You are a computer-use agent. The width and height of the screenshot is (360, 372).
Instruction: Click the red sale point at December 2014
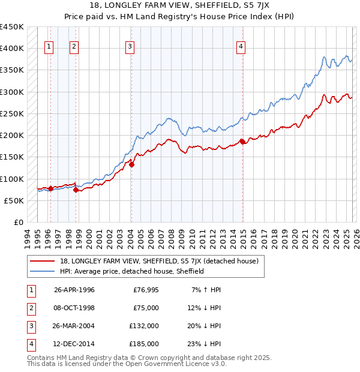pyautogui.click(x=242, y=142)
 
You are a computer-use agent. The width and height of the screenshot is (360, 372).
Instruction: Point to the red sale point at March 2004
pyautogui.click(x=131, y=165)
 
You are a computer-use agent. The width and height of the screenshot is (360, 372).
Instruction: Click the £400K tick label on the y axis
pyautogui.click(x=12, y=49)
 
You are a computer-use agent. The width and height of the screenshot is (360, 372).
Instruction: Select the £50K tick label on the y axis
pyautogui.click(x=14, y=201)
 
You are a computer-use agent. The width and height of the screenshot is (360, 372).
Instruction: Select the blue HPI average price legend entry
pyautogui.click(x=132, y=271)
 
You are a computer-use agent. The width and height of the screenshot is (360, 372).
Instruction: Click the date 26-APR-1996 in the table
pyautogui.click(x=74, y=290)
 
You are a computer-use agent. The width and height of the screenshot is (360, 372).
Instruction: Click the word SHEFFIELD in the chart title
pyautogui.click(x=208, y=5)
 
